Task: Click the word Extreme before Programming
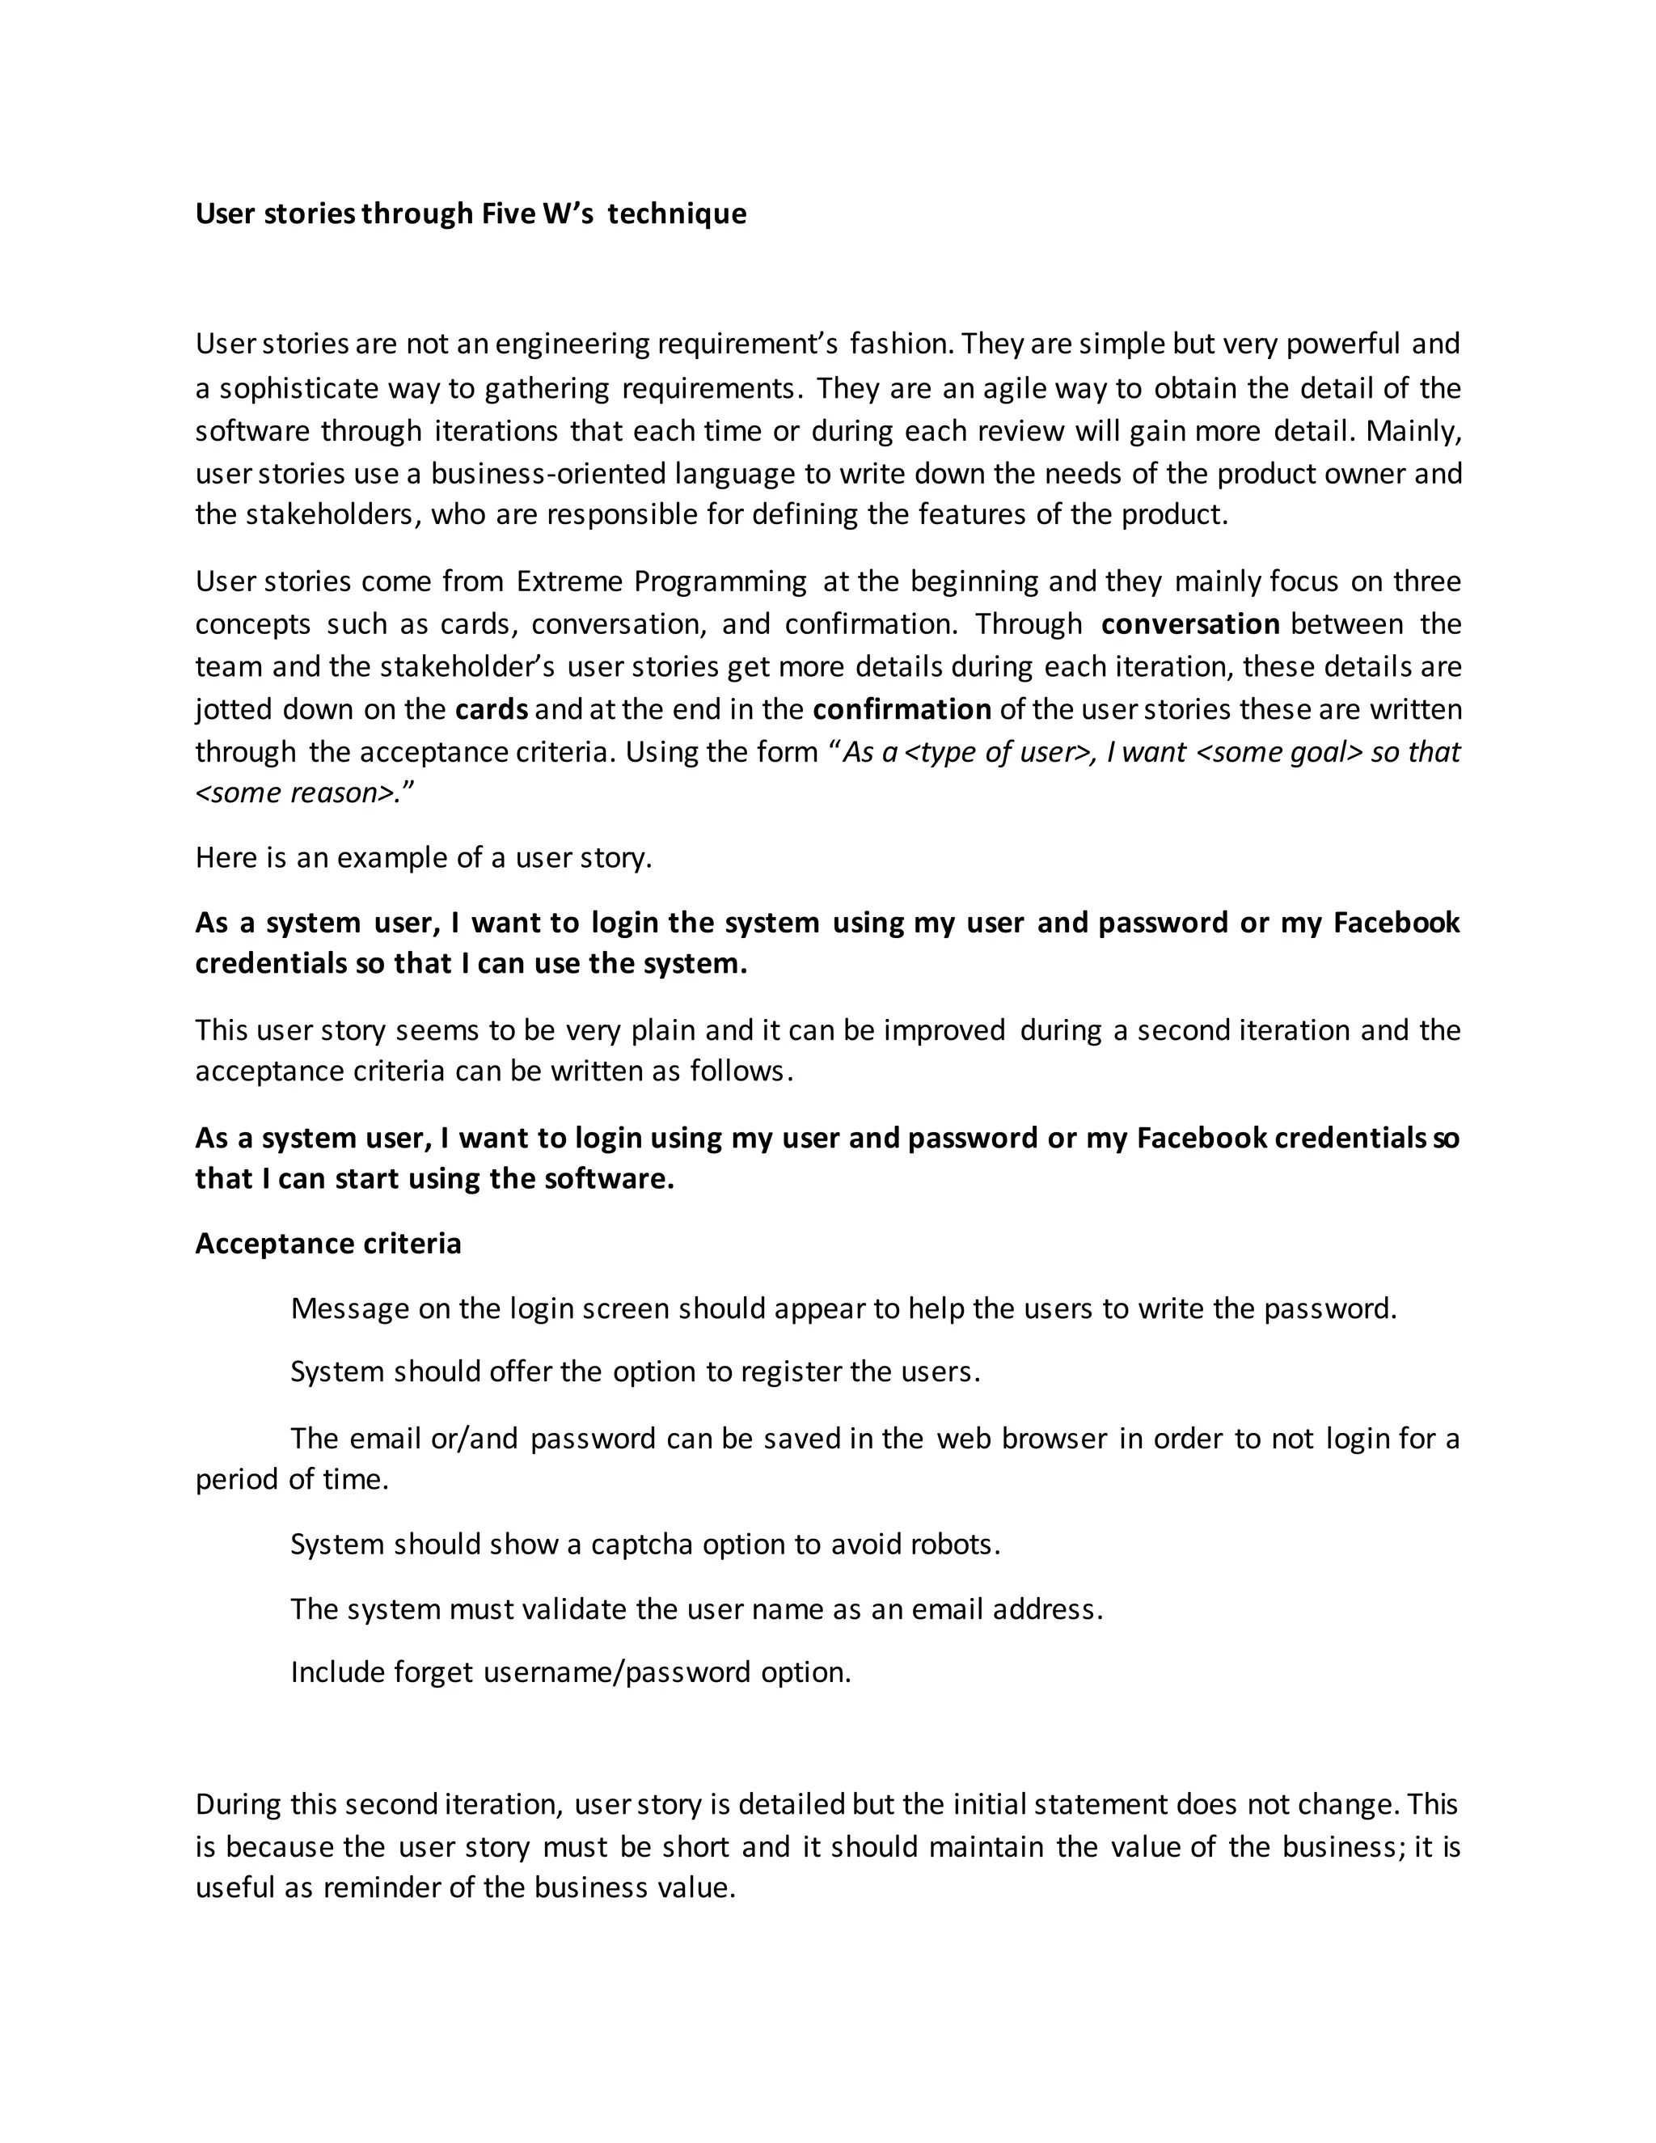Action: [570, 582]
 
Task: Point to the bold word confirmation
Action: [902, 709]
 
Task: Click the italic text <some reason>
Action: [298, 793]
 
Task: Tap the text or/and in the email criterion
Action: [474, 1439]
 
